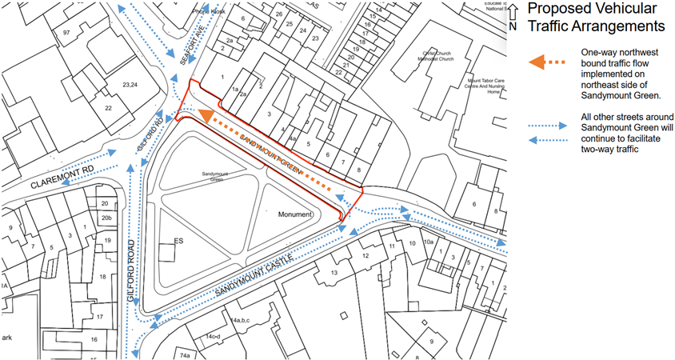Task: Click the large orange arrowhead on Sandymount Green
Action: click(207, 118)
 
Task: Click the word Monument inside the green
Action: click(295, 215)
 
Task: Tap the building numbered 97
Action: click(67, 31)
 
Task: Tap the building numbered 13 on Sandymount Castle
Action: click(334, 273)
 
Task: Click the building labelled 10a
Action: click(428, 241)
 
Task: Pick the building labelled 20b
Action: click(106, 218)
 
